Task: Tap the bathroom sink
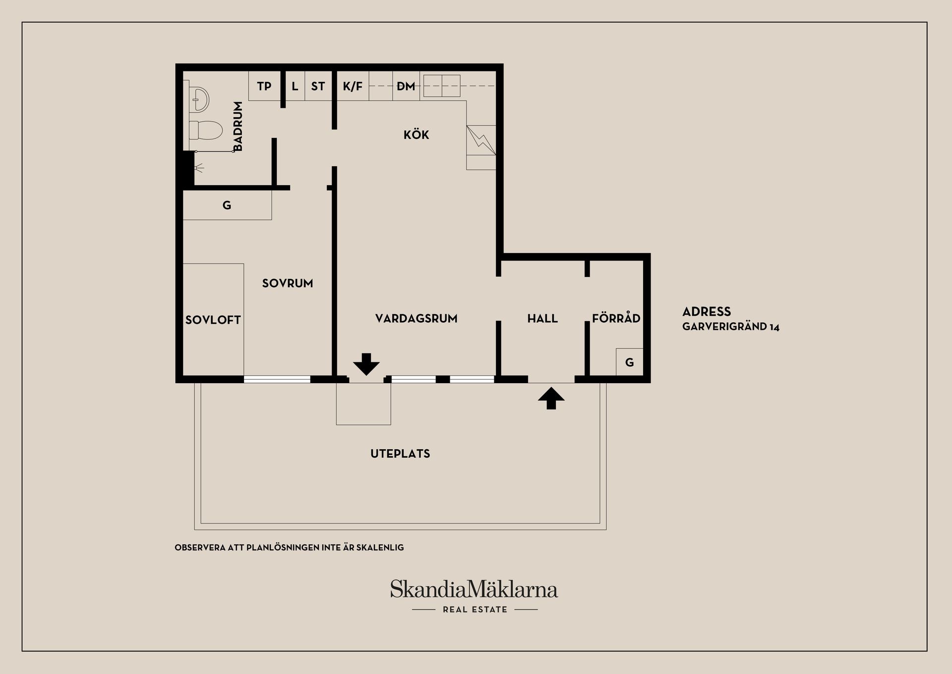[199, 99]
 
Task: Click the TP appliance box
[264, 86]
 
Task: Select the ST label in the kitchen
[318, 86]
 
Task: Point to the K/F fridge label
[353, 86]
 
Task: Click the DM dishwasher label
[406, 86]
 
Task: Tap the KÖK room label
[416, 134]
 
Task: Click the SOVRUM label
[288, 283]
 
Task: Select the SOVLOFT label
[213, 320]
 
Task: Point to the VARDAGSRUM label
[416, 319]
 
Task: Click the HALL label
[542, 319]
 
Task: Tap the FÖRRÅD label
[616, 318]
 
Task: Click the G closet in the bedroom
[227, 205]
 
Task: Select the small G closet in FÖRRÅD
[629, 362]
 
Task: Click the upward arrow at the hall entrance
[551, 399]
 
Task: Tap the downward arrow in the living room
[366, 364]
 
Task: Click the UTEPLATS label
[400, 454]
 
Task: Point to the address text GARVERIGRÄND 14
[731, 327]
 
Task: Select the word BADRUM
[238, 126]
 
